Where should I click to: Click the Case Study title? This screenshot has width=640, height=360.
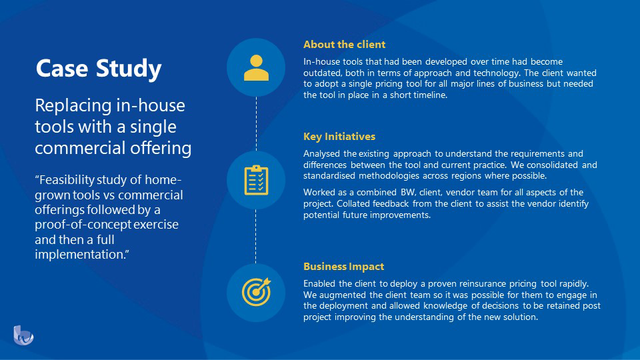[98, 69]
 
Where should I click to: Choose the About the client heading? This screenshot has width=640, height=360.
[344, 45]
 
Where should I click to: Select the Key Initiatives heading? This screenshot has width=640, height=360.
[339, 137]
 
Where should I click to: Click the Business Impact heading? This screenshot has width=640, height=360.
[343, 267]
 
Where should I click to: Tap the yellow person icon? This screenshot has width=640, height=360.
[256, 67]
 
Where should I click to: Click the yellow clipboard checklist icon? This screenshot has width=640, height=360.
[256, 179]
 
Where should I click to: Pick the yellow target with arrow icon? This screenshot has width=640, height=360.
[256, 292]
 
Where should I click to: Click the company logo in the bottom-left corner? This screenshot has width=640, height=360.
[23, 335]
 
